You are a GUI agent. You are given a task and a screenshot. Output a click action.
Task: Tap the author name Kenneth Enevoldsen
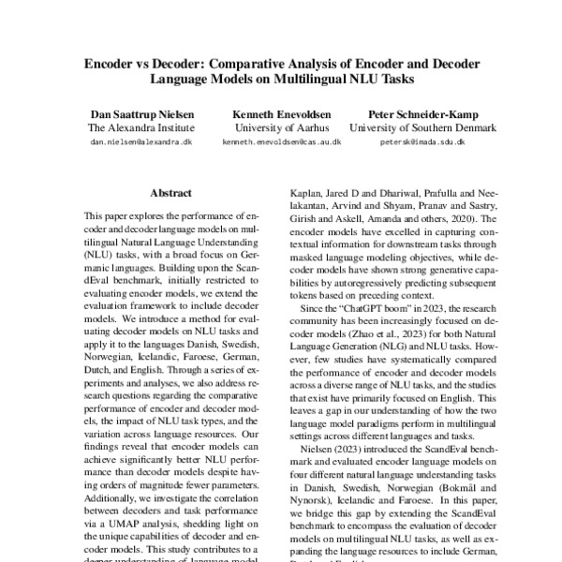pos(281,112)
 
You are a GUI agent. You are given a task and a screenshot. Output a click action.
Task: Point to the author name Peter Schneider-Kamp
pos(410,112)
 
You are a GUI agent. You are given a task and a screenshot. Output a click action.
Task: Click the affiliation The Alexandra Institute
pos(140,127)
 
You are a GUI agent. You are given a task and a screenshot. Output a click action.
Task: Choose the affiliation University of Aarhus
pos(281,127)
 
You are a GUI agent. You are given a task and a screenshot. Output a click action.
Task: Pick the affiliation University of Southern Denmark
pos(410,127)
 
